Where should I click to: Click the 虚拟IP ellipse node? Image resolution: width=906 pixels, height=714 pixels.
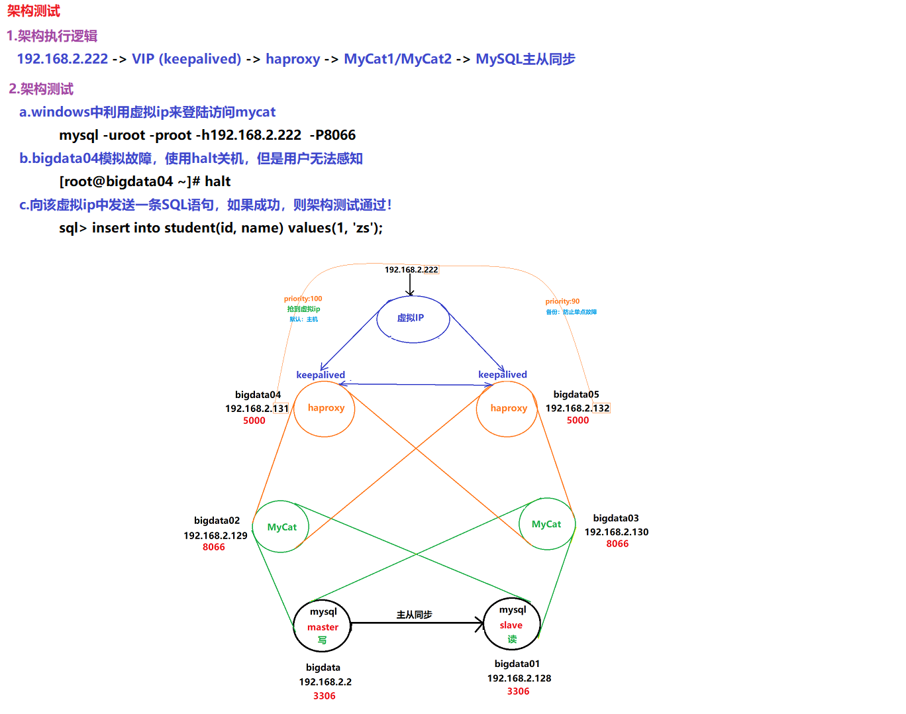pos(413,319)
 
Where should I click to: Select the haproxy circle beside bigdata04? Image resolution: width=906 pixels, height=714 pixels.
pos(325,409)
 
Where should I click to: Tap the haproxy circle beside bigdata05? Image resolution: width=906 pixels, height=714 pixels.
pos(507,409)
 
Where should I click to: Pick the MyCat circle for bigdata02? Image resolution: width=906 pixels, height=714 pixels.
pos(281,527)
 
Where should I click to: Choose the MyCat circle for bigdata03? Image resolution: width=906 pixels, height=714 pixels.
pos(546,525)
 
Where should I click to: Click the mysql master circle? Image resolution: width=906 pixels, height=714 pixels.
pos(323,626)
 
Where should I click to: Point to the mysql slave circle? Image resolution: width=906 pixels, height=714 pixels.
pos(512,625)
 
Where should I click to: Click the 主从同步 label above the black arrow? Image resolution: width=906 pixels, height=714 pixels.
pos(414,615)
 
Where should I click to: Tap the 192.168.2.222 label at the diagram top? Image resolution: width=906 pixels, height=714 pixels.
pos(411,270)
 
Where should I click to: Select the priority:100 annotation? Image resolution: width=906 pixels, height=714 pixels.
pos(303,299)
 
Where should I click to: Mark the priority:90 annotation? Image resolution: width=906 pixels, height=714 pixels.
pos(562,301)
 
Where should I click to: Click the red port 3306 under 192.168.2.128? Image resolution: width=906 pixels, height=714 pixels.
pos(518,691)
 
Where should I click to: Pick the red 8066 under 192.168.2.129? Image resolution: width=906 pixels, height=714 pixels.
pos(213,547)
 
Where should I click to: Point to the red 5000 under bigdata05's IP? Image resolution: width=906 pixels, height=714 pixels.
pos(578,420)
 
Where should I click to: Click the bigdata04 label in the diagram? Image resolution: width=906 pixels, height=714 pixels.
pos(258,395)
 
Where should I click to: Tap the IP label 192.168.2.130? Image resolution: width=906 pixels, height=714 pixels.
pos(617,532)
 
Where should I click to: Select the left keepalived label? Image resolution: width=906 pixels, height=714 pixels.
pos(321,375)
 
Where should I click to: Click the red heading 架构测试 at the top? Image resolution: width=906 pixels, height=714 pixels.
pos(34,11)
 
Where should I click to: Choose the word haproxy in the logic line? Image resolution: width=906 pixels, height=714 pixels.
pos(293,59)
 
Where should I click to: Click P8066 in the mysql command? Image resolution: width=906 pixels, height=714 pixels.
pos(335,135)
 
